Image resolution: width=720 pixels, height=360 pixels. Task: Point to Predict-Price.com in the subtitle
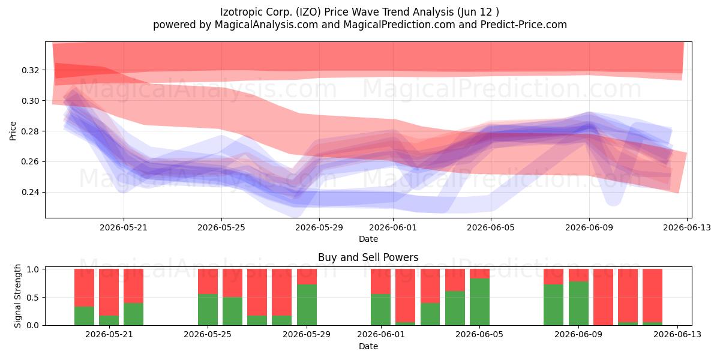pyautogui.click(x=524, y=25)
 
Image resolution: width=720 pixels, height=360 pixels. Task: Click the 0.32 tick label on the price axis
pyautogui.click(x=30, y=70)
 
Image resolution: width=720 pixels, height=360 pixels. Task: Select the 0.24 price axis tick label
pyautogui.click(x=30, y=192)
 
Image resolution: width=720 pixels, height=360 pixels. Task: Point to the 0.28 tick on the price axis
pyautogui.click(x=30, y=131)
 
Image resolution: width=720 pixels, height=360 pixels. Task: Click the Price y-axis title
pyautogui.click(x=13, y=131)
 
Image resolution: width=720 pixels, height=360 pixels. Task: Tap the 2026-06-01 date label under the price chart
pyautogui.click(x=393, y=227)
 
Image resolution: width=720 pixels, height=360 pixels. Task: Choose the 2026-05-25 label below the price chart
pyautogui.click(x=221, y=227)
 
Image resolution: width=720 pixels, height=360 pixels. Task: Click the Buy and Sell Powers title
pyautogui.click(x=368, y=257)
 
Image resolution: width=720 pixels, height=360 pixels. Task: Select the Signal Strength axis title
pyautogui.click(x=17, y=296)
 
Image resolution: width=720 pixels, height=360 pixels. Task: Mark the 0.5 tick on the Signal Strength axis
pyautogui.click(x=33, y=298)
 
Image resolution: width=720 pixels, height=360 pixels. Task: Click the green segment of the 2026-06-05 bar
pyautogui.click(x=479, y=302)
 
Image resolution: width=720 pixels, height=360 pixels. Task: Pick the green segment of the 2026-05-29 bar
pyautogui.click(x=307, y=305)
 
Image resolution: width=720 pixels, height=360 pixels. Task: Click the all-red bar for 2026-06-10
pyautogui.click(x=604, y=297)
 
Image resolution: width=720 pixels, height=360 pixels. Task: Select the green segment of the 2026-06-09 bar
pyautogui.click(x=578, y=304)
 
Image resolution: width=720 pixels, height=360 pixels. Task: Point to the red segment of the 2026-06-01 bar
pyautogui.click(x=380, y=281)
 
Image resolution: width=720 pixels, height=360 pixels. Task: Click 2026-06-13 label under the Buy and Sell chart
pyautogui.click(x=677, y=334)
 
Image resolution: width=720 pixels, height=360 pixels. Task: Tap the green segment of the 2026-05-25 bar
pyautogui.click(x=208, y=310)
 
